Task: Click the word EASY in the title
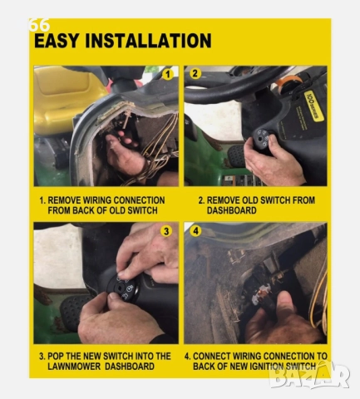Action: [60, 41]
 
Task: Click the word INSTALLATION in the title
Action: [150, 41]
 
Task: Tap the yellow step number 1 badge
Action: [168, 74]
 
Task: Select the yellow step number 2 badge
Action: [194, 73]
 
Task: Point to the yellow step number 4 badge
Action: [194, 231]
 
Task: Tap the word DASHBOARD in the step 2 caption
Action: [227, 210]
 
